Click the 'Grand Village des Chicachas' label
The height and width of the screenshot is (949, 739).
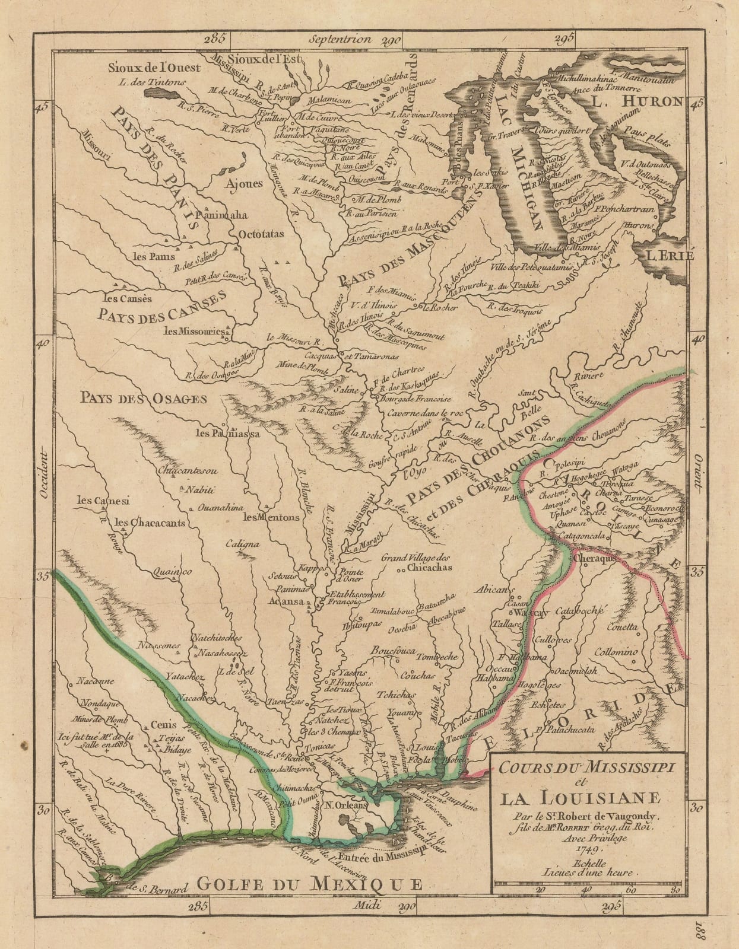click(x=417, y=562)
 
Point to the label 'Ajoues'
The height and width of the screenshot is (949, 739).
click(x=242, y=183)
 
